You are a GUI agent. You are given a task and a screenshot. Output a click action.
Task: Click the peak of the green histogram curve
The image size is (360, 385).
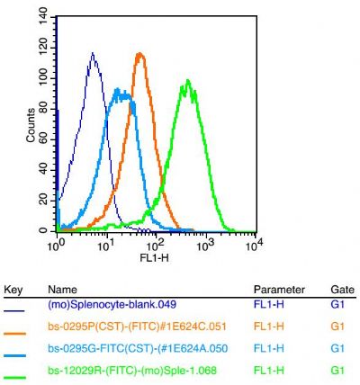pyautogui.click(x=187, y=81)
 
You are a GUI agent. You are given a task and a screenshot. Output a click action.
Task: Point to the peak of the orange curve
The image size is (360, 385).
pyautogui.click(x=139, y=53)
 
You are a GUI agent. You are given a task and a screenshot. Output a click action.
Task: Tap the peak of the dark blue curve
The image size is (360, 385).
pyautogui.click(x=93, y=53)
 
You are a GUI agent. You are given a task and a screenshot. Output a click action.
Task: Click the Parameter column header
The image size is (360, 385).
pyautogui.click(x=276, y=290)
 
